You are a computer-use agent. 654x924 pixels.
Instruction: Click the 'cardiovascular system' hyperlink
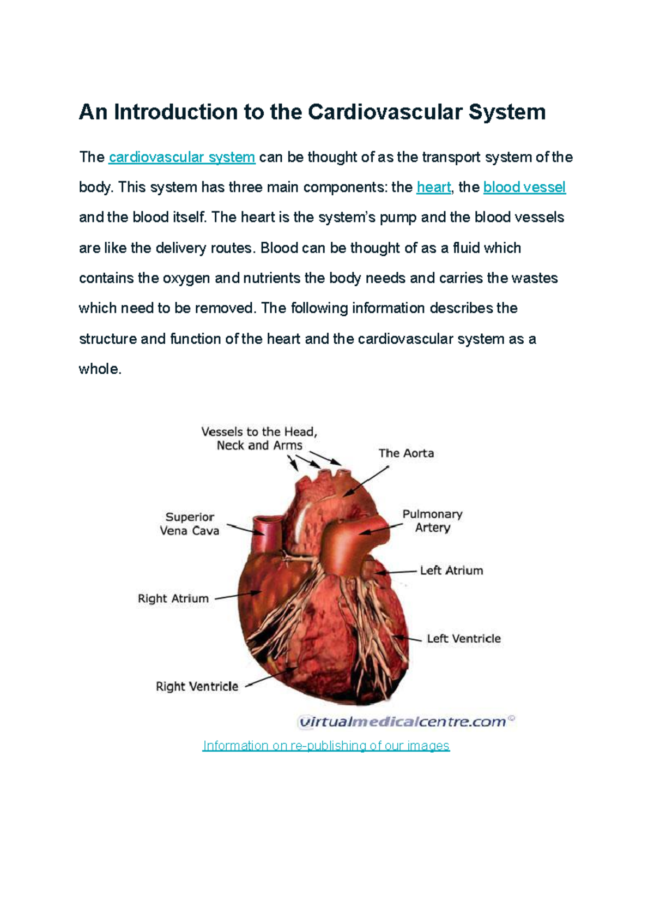click(x=181, y=157)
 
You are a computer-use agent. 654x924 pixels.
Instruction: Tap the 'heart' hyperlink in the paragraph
click(x=433, y=187)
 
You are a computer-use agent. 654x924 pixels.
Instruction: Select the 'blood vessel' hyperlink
click(x=524, y=187)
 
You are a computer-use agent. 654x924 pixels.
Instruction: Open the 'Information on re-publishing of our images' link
click(x=326, y=746)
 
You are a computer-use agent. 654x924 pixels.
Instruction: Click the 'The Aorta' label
click(x=406, y=453)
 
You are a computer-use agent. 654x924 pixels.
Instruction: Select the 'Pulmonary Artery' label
click(x=432, y=520)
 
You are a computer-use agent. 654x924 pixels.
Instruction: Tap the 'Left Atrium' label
click(x=451, y=571)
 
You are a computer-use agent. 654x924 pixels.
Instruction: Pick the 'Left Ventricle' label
click(x=464, y=639)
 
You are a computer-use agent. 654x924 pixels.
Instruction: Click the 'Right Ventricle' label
click(x=197, y=686)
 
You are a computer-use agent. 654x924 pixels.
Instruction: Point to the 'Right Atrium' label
click(x=173, y=598)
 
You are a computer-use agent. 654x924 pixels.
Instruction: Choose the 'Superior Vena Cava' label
click(x=190, y=524)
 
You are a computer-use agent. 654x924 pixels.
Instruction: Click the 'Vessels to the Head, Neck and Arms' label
click(x=259, y=439)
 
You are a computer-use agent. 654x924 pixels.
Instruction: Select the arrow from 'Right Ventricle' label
click(x=271, y=677)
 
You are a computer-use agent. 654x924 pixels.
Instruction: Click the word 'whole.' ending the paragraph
click(x=100, y=369)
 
